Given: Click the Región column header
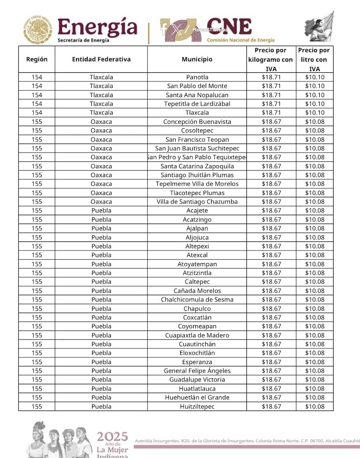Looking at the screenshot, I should tap(37, 59).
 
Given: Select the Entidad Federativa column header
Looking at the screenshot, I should tap(101, 59).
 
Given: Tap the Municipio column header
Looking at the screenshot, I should tap(197, 59).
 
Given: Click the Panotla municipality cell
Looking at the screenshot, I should tap(197, 77).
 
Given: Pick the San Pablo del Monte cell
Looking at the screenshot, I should tap(197, 86).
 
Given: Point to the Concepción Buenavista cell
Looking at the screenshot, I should tap(197, 122).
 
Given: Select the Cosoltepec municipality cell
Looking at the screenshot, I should tap(197, 131).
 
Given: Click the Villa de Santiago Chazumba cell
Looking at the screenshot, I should tap(197, 202).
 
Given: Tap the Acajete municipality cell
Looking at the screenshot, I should tap(197, 211).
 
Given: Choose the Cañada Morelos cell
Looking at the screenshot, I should tap(197, 291).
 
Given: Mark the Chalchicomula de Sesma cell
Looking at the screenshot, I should tap(197, 300).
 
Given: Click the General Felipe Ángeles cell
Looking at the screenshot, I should tap(197, 371).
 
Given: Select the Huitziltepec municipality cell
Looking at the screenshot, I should tap(197, 407).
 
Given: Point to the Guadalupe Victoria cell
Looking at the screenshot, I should tap(197, 380).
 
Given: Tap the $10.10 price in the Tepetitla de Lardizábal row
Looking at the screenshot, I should tap(315, 104).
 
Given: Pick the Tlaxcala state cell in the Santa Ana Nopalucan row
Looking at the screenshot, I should tap(101, 95).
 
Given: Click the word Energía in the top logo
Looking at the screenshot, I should tap(97, 28).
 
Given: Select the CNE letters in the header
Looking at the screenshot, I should tap(229, 27).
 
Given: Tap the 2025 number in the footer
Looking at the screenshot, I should tap(112, 437).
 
